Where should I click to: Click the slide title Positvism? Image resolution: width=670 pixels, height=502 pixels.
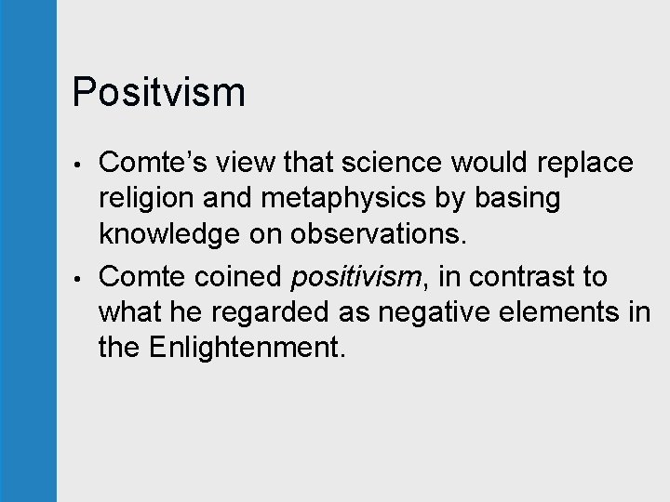[x=158, y=93]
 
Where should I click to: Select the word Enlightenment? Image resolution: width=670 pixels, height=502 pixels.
[x=246, y=350]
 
